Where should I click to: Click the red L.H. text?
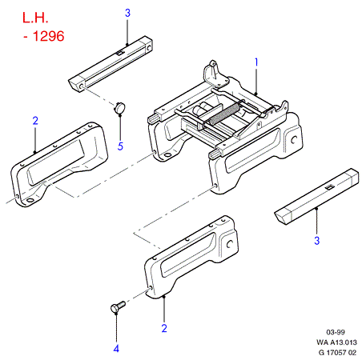click(x=35, y=18)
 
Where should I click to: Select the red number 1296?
click(x=48, y=36)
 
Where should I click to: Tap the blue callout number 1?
click(x=256, y=62)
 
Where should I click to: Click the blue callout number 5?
click(x=120, y=146)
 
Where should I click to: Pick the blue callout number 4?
click(x=116, y=349)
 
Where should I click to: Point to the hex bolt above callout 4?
click(x=118, y=306)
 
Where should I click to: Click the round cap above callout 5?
click(x=119, y=107)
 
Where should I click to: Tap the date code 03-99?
click(x=336, y=332)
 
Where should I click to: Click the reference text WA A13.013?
click(x=336, y=342)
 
